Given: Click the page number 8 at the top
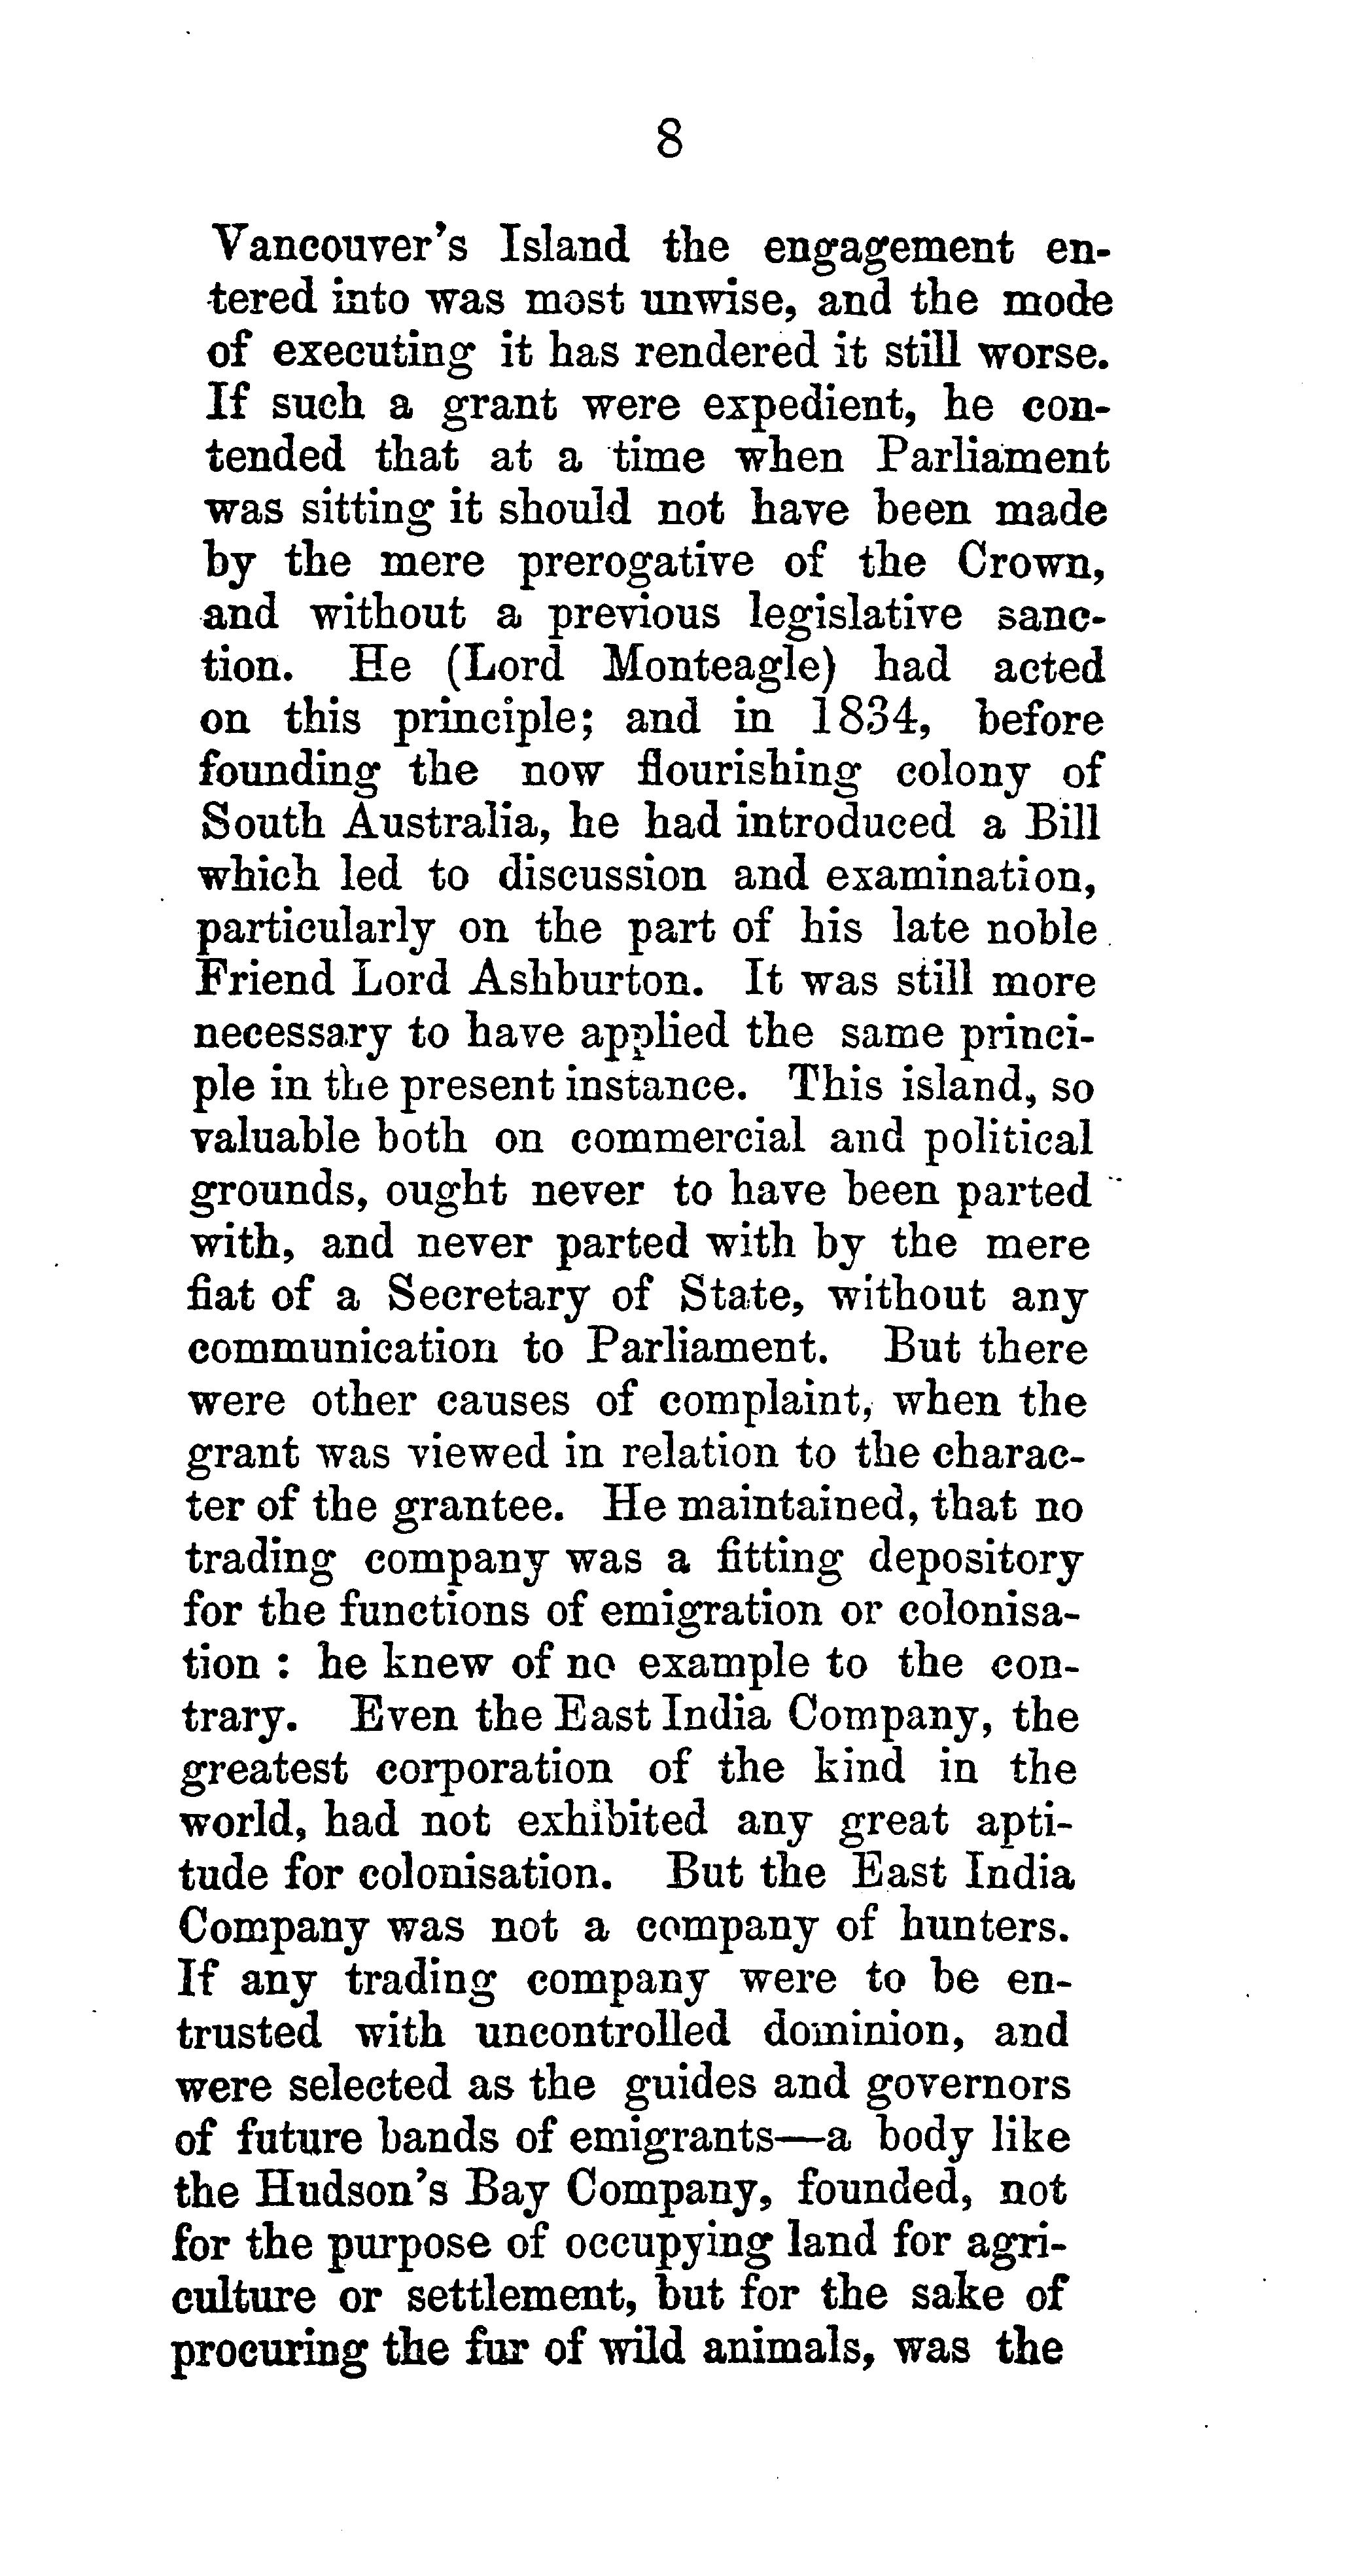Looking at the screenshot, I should coord(670,139).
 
